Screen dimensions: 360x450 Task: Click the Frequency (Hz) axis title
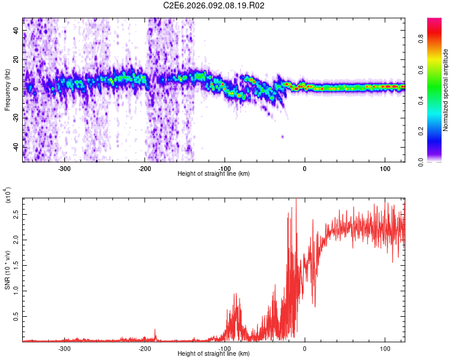point(7,90)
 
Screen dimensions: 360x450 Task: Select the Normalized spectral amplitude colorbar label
point(446,90)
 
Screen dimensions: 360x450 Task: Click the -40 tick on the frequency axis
point(16,147)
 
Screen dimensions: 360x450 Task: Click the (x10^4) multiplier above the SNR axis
point(8,195)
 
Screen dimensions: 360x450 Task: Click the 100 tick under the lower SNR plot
point(384,348)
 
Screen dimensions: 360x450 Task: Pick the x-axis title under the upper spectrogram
point(214,173)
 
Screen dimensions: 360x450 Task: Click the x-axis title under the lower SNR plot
point(214,354)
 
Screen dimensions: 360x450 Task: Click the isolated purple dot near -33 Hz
point(283,137)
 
